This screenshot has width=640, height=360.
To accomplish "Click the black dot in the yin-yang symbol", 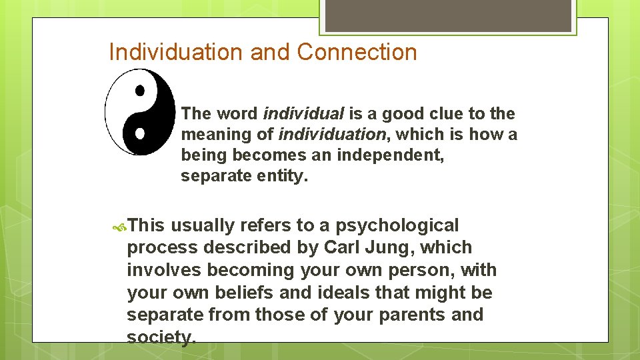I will pos(140,89).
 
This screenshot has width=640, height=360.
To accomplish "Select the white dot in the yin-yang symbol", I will pos(140,133).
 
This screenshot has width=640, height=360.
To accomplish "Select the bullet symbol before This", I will pos(120,227).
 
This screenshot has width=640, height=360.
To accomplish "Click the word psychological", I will pos(397,226).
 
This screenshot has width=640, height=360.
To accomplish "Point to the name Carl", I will pos(343,247).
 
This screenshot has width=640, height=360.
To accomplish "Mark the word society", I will pos(160,337).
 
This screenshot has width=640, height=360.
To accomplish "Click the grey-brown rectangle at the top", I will pos(448,15).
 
